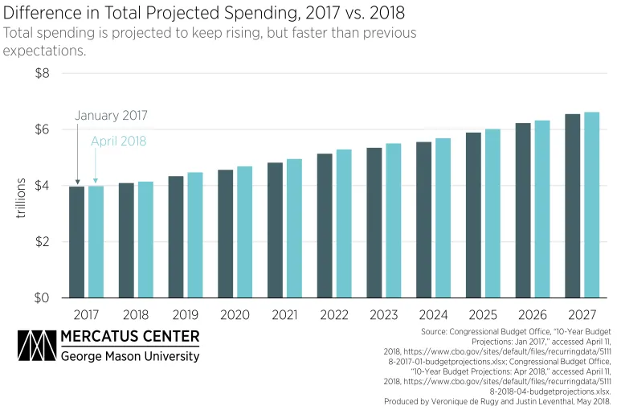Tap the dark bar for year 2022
point(325,226)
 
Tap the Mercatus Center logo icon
point(35,346)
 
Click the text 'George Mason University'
point(130,355)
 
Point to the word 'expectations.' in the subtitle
point(44,51)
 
